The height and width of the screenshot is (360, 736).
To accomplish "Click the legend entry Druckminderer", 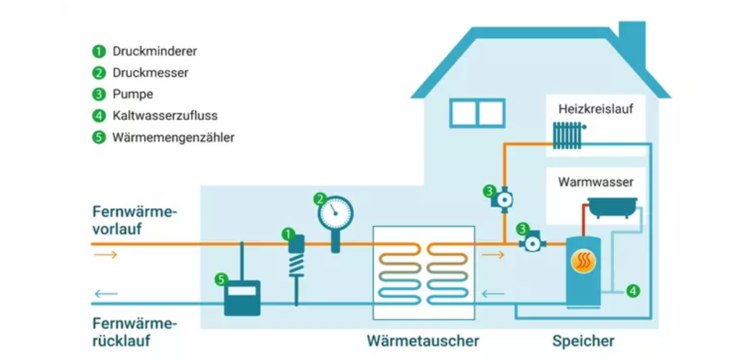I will tap(154, 51).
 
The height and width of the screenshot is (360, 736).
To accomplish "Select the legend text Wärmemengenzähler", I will tap(173, 138).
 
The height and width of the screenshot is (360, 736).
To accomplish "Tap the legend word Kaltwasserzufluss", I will tap(165, 116).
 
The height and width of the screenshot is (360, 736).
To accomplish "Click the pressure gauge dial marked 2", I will tap(336, 213).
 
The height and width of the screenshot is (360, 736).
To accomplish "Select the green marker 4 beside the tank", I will tap(633, 291).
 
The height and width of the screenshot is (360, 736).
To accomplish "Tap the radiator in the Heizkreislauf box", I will tap(568, 135).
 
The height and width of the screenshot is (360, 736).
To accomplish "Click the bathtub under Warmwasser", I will tap(612, 208).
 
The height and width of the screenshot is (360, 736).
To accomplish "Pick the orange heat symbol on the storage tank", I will tap(584, 261).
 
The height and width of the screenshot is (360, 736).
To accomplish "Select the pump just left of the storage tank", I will tap(532, 244).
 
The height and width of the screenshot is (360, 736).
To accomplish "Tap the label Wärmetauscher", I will tap(423, 341).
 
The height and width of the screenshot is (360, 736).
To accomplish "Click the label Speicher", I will tap(583, 341).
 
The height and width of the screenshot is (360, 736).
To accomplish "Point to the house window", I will tap(477, 113).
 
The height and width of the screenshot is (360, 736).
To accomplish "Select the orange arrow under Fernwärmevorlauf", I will tap(106, 255).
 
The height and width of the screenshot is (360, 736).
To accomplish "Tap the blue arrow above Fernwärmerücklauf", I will tap(106, 294).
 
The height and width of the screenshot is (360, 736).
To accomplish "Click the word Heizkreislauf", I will tap(595, 108).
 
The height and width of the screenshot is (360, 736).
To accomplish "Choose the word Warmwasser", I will tap(595, 182).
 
